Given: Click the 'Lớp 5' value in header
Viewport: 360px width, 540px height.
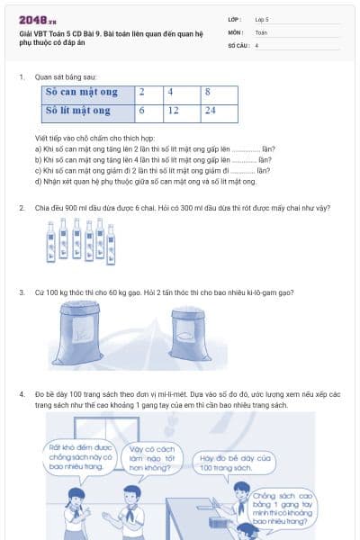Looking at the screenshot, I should tap(263, 19).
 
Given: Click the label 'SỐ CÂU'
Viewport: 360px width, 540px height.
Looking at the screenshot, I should tap(238, 44).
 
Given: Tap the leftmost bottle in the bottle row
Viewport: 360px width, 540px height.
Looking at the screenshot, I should tap(51, 243).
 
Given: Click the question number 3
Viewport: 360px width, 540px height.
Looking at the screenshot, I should tap(21, 292).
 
